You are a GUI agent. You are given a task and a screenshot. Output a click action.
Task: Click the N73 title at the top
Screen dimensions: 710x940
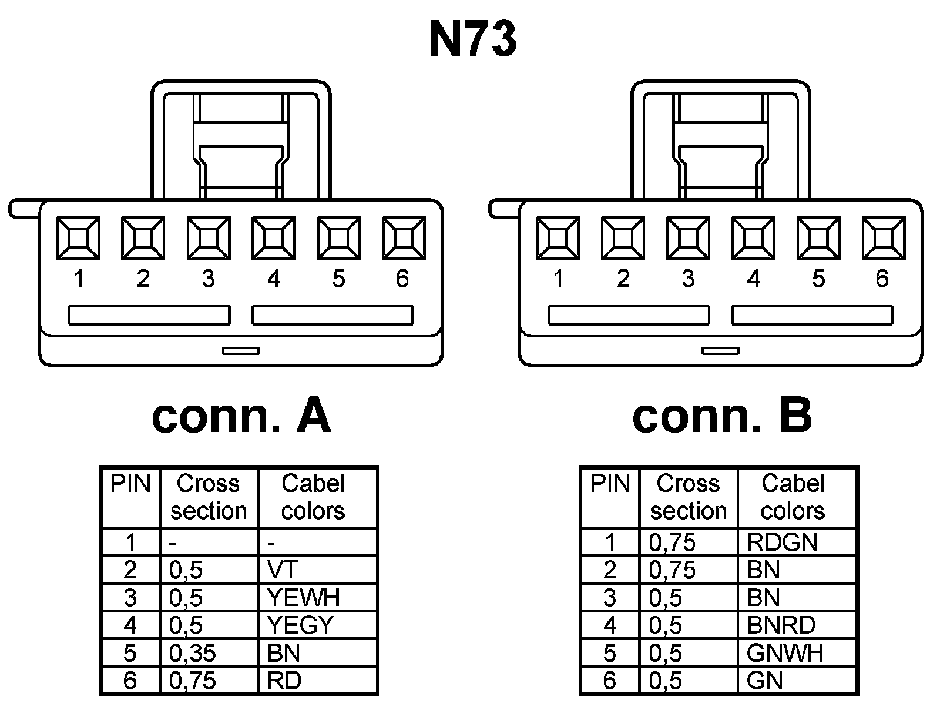pyautogui.click(x=474, y=39)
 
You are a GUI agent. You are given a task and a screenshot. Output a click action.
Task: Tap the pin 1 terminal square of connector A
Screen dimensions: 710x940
pyautogui.click(x=78, y=238)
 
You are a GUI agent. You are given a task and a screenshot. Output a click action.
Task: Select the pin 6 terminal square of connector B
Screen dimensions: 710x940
pyautogui.click(x=883, y=238)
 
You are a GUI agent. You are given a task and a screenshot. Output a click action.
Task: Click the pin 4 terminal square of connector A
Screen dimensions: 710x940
pyautogui.click(x=273, y=238)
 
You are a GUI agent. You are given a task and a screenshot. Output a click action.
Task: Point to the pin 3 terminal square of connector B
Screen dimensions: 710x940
pyautogui.click(x=688, y=238)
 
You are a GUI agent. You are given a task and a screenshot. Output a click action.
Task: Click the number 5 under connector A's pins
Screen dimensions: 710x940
pyautogui.click(x=338, y=279)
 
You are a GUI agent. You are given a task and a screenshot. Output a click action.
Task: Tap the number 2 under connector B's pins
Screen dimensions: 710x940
pyautogui.click(x=623, y=279)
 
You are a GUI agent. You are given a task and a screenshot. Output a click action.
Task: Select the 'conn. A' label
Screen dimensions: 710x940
pyautogui.click(x=241, y=416)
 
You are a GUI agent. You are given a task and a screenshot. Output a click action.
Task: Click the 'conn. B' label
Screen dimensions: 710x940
pyautogui.click(x=722, y=416)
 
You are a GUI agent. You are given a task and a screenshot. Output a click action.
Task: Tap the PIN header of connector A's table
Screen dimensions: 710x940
pyautogui.click(x=130, y=484)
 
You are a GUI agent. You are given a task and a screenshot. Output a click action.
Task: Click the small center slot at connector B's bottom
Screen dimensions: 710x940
pyautogui.click(x=721, y=351)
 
